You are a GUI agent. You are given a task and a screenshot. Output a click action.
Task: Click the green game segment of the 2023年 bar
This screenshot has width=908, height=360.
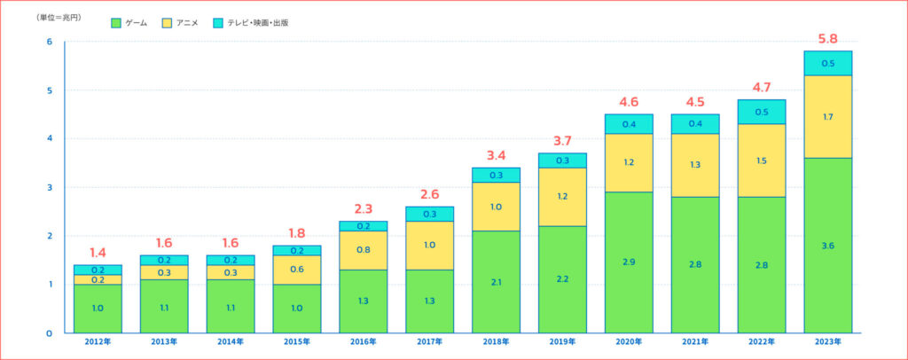pos(827,246)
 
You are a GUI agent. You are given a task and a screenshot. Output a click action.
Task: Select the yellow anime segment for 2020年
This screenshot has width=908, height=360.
pos(629,163)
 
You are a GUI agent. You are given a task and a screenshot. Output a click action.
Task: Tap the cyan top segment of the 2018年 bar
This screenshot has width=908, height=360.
pos(496,175)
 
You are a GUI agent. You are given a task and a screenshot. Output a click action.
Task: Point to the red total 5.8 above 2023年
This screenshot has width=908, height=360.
pos(827,39)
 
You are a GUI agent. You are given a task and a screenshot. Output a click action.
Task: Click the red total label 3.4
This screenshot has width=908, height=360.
pos(496,156)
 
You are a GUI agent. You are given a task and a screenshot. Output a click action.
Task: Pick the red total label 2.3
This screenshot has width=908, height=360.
pos(364,209)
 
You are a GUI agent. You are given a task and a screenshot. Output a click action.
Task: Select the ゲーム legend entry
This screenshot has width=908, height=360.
pos(129,22)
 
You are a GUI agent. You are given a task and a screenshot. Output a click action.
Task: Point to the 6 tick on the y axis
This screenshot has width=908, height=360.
pos(50,42)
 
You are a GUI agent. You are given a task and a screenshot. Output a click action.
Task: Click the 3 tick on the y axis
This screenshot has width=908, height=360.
pos(50,187)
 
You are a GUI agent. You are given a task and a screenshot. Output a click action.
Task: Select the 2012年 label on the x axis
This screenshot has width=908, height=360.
pos(98,342)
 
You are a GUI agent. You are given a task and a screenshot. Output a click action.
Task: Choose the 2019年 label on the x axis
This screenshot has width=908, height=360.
pos(562,342)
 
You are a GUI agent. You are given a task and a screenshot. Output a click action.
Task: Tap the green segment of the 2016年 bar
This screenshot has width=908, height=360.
pos(364,301)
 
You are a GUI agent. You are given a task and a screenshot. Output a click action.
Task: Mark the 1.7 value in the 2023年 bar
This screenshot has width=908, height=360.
pos(827,116)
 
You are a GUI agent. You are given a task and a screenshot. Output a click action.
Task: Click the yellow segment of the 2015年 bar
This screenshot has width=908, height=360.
pos(297,270)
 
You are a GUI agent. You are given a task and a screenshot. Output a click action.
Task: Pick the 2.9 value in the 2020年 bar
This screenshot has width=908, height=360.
pos(629,262)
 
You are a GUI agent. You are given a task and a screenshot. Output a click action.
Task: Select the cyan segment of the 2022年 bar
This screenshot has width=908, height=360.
pos(761,112)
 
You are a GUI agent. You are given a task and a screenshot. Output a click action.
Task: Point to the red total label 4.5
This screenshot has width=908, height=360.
pos(695,103)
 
